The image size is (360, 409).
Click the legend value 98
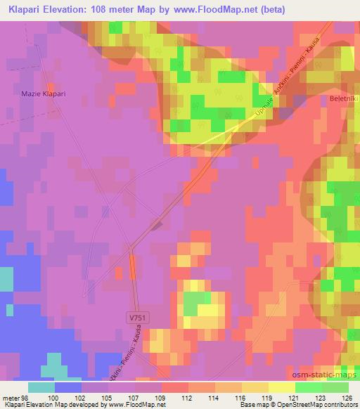27,398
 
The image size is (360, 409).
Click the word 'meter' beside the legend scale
11,398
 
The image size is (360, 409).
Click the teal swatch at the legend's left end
42,387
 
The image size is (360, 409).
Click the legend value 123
316,398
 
